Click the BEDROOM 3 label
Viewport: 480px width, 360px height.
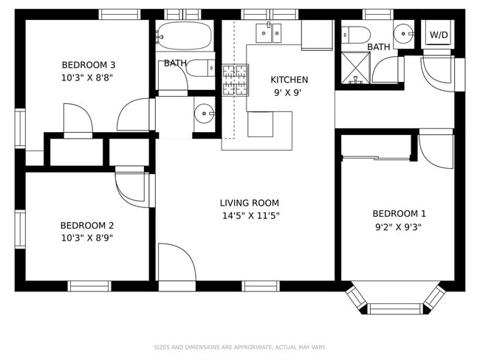(87, 64)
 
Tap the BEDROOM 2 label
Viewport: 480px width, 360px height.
(86, 226)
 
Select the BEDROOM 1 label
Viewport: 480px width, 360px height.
(399, 214)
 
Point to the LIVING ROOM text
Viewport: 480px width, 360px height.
(249, 203)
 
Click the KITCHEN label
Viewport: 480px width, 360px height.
(289, 80)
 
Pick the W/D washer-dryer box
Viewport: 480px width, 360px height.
(439, 35)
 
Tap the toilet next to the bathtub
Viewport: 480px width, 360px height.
(200, 69)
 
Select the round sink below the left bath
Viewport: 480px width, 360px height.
(204, 114)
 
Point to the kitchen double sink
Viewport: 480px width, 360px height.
(268, 32)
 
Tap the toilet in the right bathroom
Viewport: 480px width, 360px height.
(356, 34)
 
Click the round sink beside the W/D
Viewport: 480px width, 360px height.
(404, 33)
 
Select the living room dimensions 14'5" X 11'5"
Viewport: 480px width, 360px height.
(249, 216)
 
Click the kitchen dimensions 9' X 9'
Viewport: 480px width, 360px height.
(289, 93)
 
